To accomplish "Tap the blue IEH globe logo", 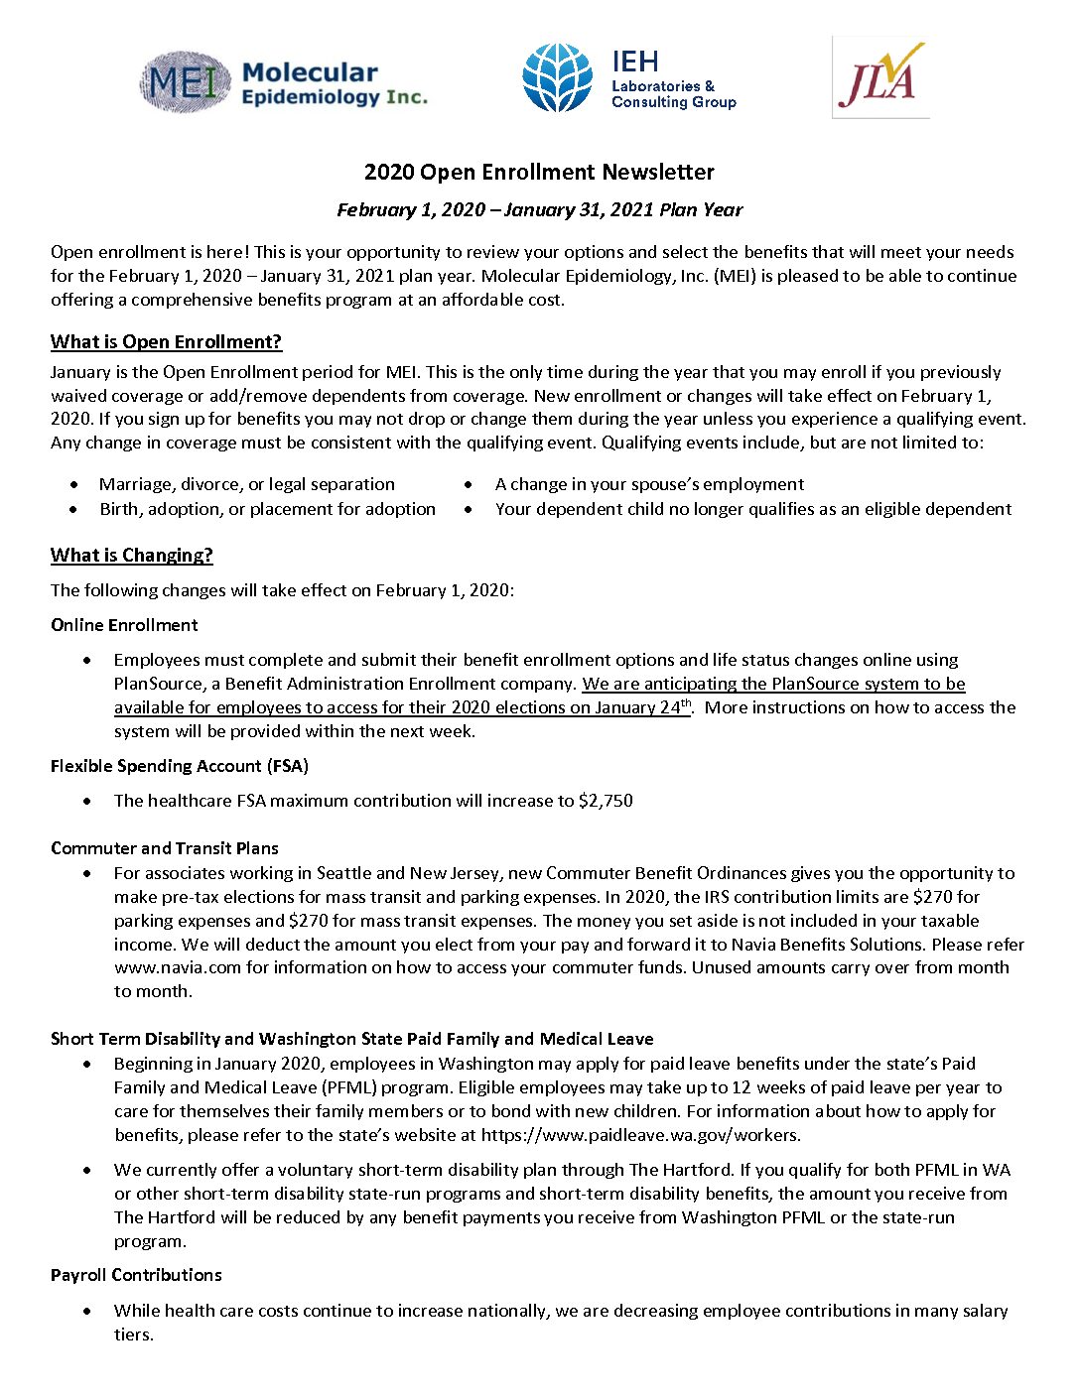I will point(557,77).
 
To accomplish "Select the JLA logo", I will point(880,78).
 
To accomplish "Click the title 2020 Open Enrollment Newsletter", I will point(539,172).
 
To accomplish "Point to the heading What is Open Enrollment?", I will point(166,342).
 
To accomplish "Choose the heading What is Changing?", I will point(132,556).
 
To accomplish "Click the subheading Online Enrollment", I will point(124,625).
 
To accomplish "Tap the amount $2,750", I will point(606,801).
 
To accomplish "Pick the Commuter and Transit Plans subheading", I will point(165,848).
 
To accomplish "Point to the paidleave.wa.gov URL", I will point(640,1135).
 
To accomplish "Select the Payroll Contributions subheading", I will point(136,1275).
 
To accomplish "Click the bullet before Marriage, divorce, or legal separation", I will point(74,485).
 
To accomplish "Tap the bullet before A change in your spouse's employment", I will point(469,485).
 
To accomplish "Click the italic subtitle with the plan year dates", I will point(539,210).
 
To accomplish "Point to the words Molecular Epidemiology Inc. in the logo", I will point(335,84).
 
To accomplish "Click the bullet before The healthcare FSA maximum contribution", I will point(88,801).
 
